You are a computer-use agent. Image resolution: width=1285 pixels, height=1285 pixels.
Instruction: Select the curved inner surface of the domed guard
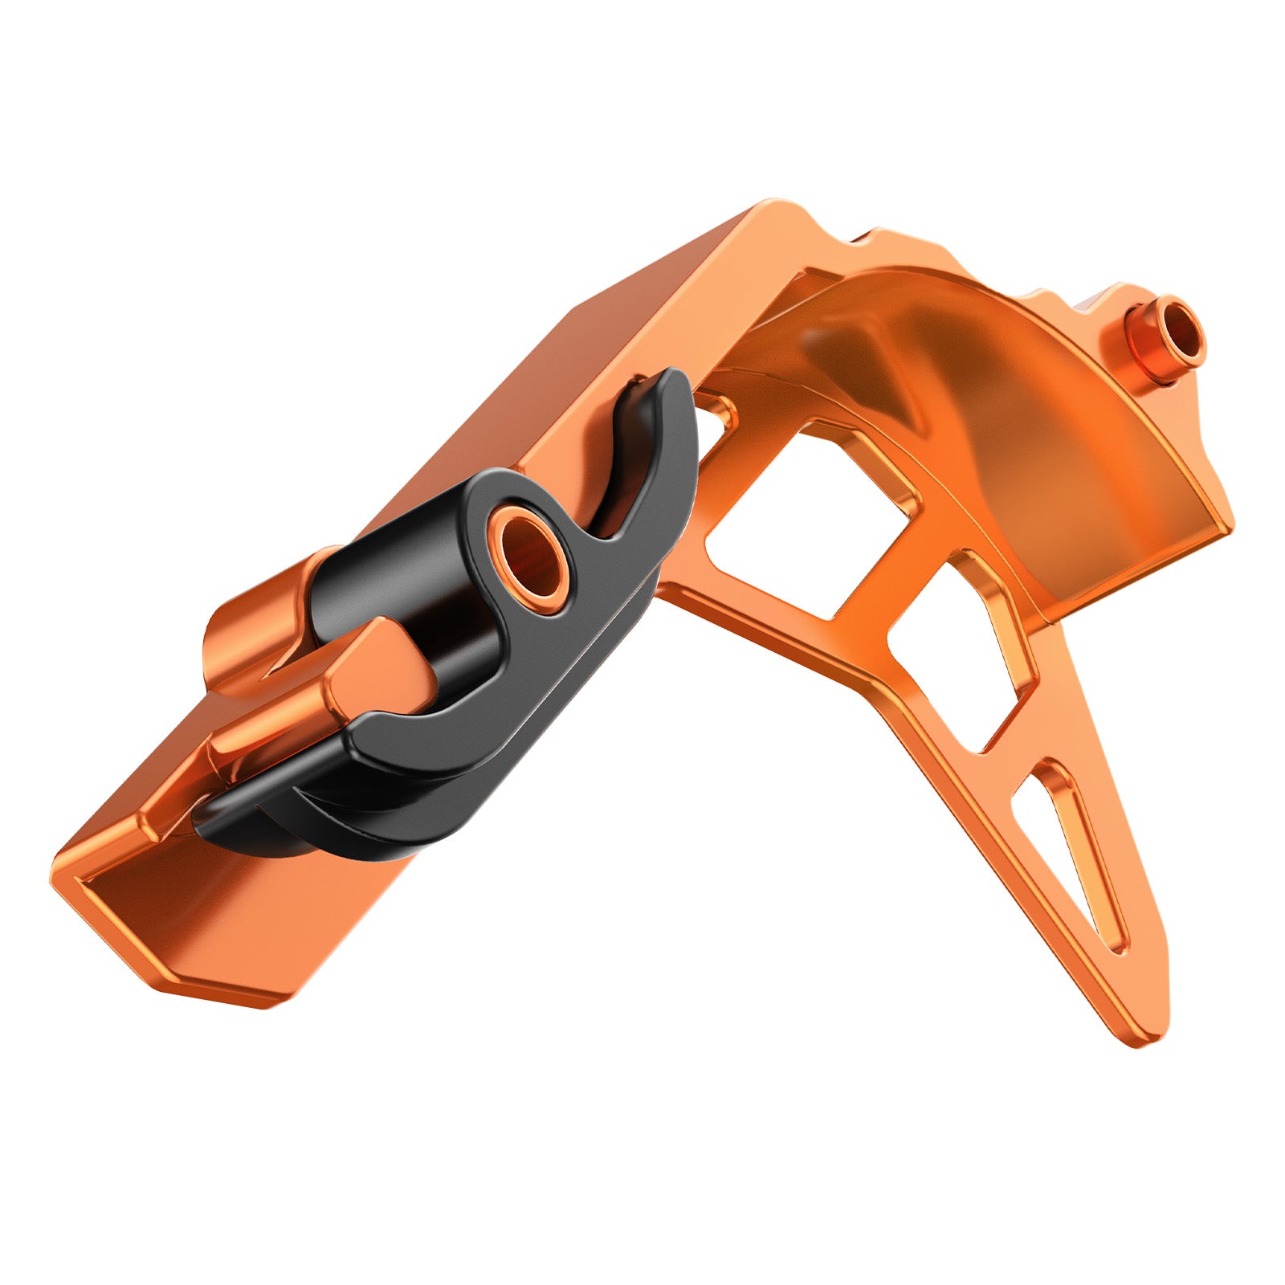pyautogui.click(x=1044, y=450)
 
